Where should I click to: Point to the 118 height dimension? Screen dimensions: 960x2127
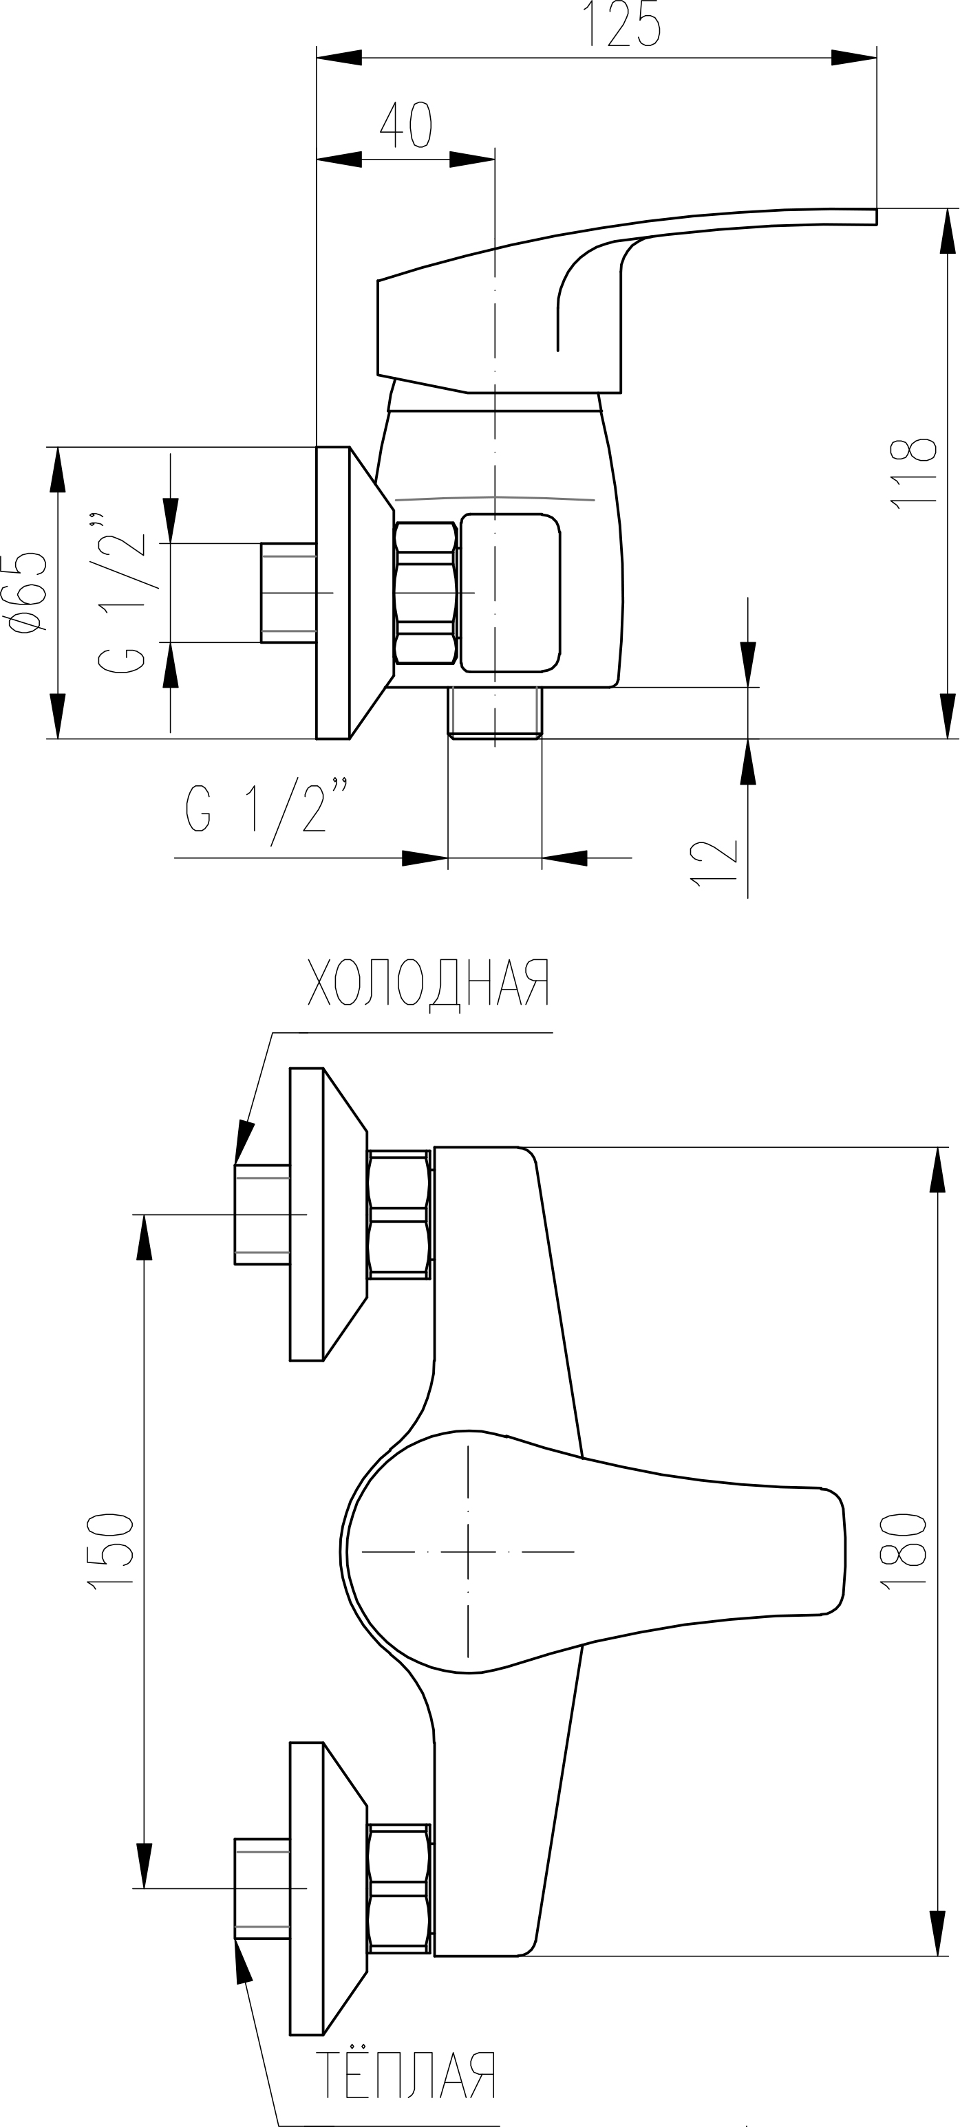tap(913, 473)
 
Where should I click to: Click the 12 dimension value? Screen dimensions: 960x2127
tap(713, 864)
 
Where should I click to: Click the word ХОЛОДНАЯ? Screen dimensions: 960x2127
tap(428, 983)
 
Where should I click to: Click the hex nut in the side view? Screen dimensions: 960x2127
tap(426, 593)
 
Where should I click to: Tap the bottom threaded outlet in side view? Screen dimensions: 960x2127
tap(495, 712)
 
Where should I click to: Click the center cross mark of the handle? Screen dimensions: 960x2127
tap(467, 1551)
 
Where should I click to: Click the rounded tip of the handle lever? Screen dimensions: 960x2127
tap(835, 1551)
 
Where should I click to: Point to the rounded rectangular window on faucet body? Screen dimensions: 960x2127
tap(511, 593)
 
